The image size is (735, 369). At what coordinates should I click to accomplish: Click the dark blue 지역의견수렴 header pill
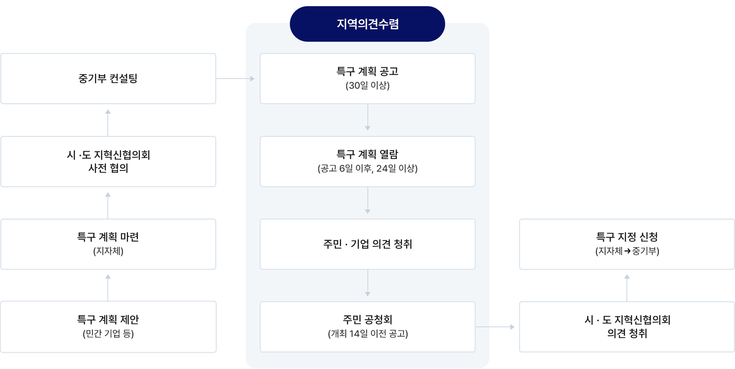tap(367, 24)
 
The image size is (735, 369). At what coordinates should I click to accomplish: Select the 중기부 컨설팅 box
tap(108, 79)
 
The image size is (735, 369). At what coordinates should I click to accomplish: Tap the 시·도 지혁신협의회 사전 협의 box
tap(108, 162)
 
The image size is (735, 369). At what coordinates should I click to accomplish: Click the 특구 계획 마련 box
tap(108, 244)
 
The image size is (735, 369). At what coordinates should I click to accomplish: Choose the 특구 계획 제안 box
tap(108, 327)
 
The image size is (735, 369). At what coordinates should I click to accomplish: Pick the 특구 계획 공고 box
tap(367, 79)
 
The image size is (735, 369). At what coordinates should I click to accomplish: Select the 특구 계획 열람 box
tap(367, 162)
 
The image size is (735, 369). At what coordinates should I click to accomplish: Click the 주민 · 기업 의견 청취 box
tap(367, 244)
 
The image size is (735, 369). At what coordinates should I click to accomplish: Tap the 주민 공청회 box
tap(367, 327)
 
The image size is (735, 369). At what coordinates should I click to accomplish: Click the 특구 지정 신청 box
tap(627, 244)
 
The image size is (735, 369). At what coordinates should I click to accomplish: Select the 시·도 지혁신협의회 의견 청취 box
tap(627, 327)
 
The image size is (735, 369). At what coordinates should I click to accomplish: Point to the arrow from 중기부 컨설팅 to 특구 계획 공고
tap(235, 79)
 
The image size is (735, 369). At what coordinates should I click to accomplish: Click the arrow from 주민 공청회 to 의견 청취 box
tap(495, 327)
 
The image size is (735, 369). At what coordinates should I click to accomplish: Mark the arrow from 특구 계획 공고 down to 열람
tap(367, 117)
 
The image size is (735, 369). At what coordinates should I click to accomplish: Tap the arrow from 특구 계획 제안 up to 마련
tap(108, 288)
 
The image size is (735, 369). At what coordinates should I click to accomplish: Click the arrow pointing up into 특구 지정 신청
tap(627, 288)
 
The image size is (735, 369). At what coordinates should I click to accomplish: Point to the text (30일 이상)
tap(367, 86)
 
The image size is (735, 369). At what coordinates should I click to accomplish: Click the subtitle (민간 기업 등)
tap(108, 334)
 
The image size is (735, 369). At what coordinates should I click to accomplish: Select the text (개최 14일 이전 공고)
tap(368, 334)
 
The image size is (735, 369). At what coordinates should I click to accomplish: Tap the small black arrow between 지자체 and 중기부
tap(627, 251)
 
